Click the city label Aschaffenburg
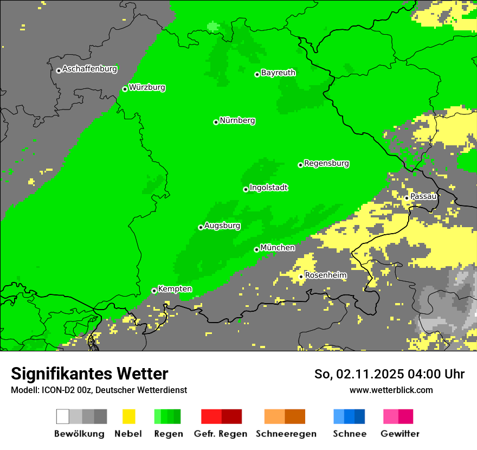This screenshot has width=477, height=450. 89,69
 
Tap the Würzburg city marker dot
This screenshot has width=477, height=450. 125,89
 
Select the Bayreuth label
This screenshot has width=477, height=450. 278,73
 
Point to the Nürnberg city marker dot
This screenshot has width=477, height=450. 216,122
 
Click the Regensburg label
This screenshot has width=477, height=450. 326,163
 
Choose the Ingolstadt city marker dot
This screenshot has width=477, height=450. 246,189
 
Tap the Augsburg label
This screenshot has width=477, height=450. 222,226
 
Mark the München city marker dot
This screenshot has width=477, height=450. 256,249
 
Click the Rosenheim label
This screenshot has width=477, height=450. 326,275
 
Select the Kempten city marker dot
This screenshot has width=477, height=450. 154,291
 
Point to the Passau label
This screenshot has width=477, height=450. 423,196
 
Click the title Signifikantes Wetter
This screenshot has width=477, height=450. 89,374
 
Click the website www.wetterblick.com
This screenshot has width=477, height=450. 391,390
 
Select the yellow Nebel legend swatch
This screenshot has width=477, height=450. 128,416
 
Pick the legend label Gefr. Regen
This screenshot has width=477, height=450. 221,434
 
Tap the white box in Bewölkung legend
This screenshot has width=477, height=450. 63,416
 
